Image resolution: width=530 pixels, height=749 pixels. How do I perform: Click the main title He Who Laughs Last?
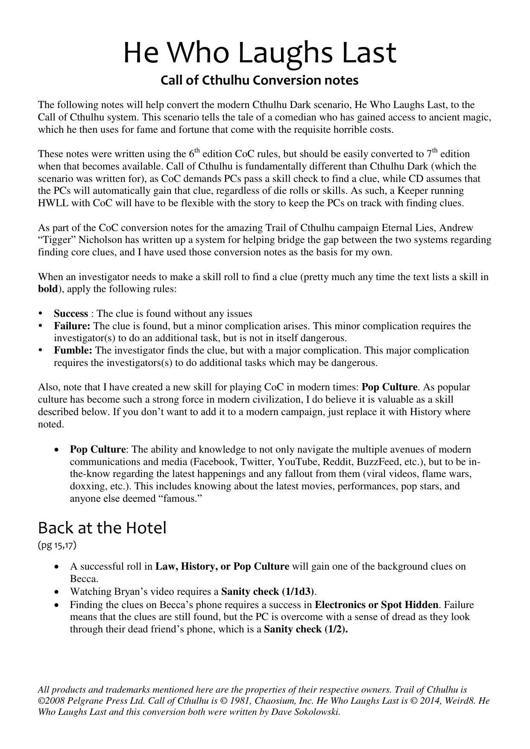[x=260, y=53]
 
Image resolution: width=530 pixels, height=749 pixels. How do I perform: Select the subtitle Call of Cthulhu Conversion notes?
[x=259, y=80]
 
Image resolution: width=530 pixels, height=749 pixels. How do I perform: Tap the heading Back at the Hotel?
[x=102, y=528]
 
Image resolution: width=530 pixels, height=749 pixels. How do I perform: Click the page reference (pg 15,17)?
[x=57, y=545]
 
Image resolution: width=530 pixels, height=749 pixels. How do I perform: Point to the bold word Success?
[x=71, y=314]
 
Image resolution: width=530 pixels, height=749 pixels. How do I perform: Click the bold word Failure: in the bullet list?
[x=72, y=326]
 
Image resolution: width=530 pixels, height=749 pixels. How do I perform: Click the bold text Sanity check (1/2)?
[x=306, y=629]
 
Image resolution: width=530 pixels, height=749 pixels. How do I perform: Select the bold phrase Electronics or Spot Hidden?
[x=376, y=605]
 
